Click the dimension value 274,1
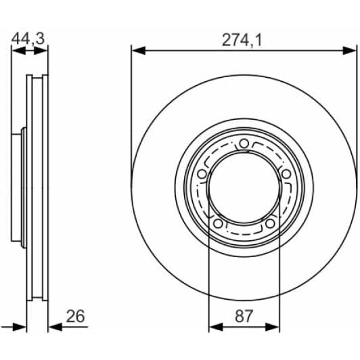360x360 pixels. coord(242,40)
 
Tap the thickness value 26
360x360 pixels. coord(75,316)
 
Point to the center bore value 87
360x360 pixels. coord(244,316)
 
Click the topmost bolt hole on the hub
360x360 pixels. coord(244,143)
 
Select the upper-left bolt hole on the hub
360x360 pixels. coord(202,174)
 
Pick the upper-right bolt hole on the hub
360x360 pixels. coord(286,174)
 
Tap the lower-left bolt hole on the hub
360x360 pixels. coord(218,223)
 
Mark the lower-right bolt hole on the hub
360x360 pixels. coord(270,223)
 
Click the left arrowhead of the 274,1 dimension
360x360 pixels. coord(139,51)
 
